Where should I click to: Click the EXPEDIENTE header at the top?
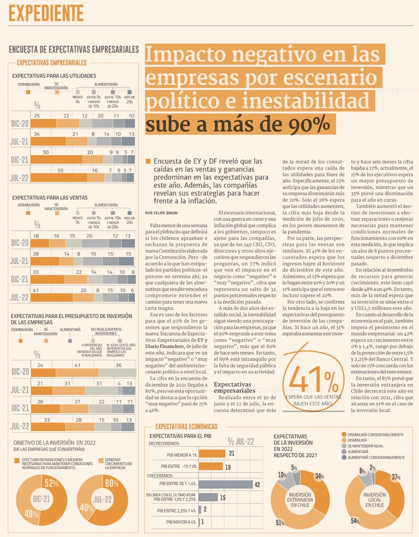point(46,13)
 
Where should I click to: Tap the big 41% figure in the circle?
point(313,380)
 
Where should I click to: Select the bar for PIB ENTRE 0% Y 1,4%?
point(225,484)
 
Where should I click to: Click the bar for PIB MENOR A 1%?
point(212,454)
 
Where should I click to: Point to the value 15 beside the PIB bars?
point(222,498)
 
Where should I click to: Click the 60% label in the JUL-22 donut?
point(112,483)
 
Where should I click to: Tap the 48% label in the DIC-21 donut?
point(31,514)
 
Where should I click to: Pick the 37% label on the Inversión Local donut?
point(396,477)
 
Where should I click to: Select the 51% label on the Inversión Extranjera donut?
point(280,523)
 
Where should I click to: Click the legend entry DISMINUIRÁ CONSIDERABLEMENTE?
point(375,435)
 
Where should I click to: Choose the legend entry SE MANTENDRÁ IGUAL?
point(365,446)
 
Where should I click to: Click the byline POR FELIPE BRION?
point(161,213)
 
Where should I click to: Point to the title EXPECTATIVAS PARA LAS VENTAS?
point(50,198)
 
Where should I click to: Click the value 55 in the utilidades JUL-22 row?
point(60,170)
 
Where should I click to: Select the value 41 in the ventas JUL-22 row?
point(36,290)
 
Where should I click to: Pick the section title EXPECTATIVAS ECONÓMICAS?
point(186,427)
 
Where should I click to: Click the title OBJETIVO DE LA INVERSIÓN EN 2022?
point(54,442)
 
